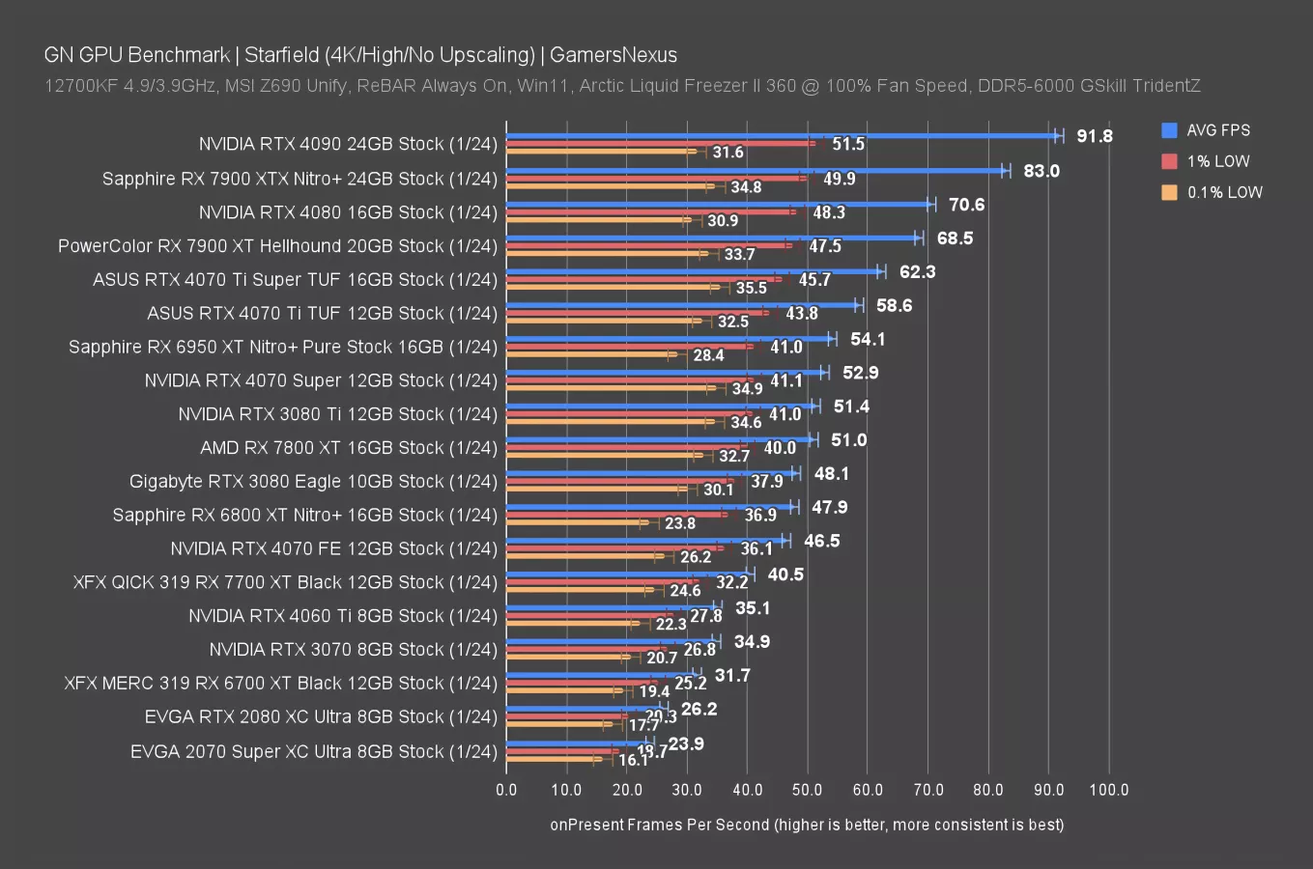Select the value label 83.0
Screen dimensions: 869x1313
tap(1042, 171)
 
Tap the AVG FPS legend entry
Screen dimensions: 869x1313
tap(1217, 130)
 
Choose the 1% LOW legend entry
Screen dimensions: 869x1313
tap(1217, 161)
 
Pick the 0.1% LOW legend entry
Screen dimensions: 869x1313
tap(1223, 192)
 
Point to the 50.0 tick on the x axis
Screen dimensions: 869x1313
tap(807, 790)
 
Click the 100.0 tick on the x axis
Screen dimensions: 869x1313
tap(1108, 790)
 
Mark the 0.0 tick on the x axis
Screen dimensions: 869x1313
tap(506, 790)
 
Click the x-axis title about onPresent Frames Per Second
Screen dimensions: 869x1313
tap(807, 825)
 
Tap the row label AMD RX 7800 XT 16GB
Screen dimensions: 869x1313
tap(349, 448)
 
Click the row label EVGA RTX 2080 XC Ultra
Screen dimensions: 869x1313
tap(321, 716)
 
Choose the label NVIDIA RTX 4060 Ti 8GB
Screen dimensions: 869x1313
tap(343, 616)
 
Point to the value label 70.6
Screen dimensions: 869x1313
tap(966, 205)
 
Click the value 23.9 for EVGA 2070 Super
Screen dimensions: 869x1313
tap(686, 743)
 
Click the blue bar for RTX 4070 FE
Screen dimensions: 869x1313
tap(645, 540)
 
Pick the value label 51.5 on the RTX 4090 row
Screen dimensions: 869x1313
tap(848, 144)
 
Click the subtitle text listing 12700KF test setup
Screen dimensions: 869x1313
tap(622, 86)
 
